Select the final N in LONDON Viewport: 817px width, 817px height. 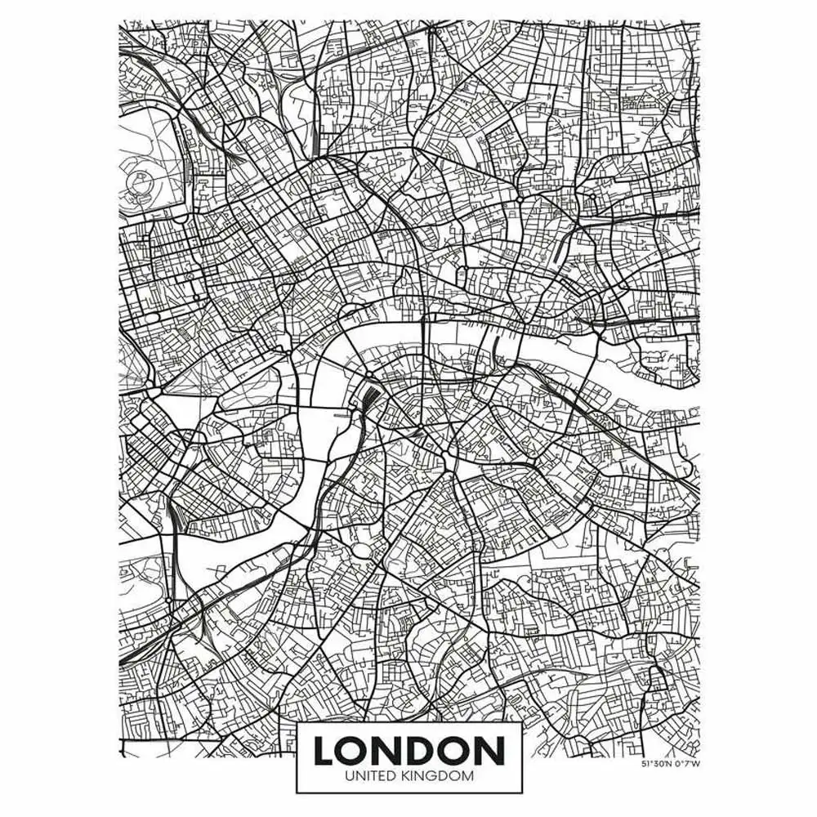tap(487, 751)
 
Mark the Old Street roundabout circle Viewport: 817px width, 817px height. tap(519, 199)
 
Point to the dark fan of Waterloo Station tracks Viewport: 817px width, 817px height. tap(369, 400)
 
